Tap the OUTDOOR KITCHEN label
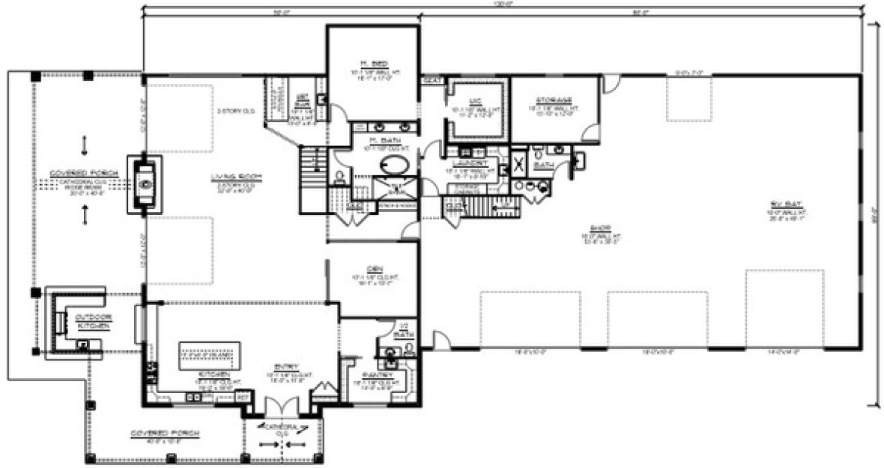pyautogui.click(x=94, y=321)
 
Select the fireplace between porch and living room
pyautogui.click(x=145, y=183)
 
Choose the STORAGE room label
pyautogui.click(x=554, y=100)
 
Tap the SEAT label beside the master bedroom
pyautogui.click(x=432, y=79)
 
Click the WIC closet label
pyautogui.click(x=474, y=100)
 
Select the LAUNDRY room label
pyautogui.click(x=470, y=162)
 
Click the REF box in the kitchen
pyautogui.click(x=243, y=398)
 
